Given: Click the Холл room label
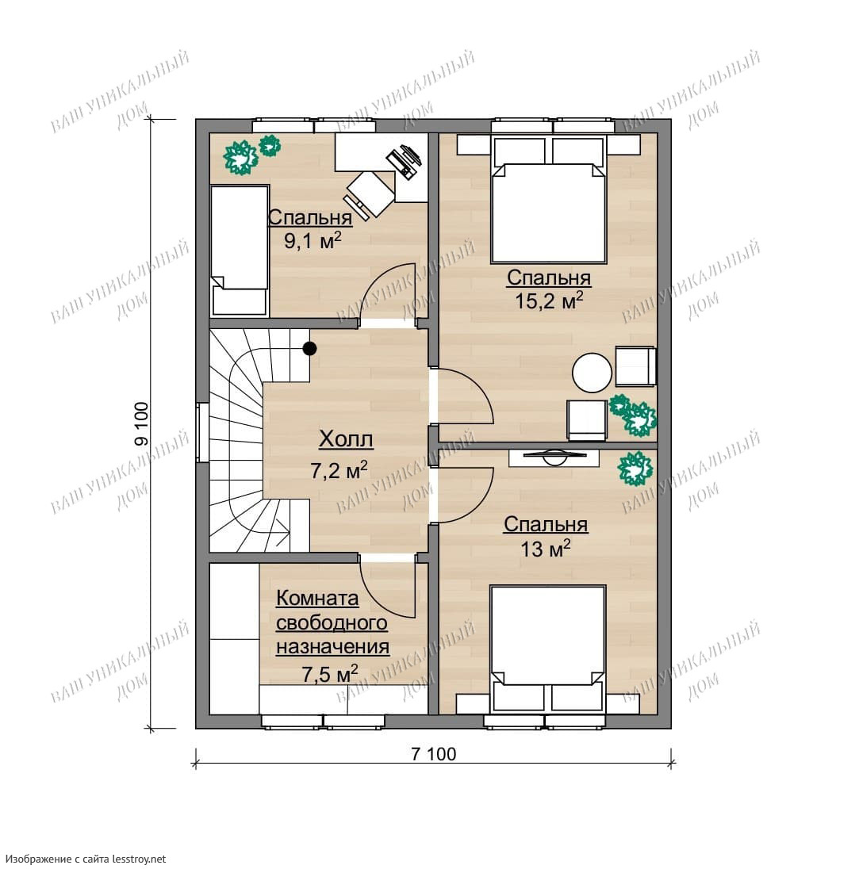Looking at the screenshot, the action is coord(346,439).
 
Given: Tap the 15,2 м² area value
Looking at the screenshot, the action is coord(549,301).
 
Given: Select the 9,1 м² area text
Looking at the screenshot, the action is coord(313,242).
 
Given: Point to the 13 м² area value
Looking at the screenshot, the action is coord(546,549).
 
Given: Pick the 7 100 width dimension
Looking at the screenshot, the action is coord(434,754).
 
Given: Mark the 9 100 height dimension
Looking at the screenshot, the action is coord(141,424).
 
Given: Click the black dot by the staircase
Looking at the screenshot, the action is coord(309,349).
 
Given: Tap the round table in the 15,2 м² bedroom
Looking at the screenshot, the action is coord(592,373).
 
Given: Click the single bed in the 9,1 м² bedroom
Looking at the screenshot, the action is coord(239,251).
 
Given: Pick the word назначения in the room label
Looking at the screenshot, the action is coord(332,647).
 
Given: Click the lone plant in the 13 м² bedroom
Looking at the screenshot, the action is coord(635,469).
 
